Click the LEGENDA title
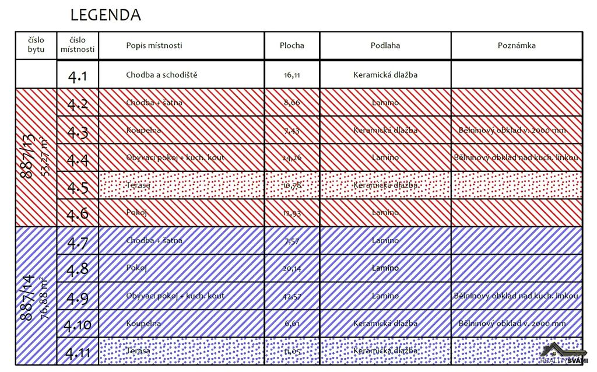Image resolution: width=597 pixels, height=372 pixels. [106, 15]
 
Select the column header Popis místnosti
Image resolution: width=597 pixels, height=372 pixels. [154, 45]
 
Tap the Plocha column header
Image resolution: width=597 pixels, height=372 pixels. [292, 45]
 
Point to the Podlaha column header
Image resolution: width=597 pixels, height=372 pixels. [385, 45]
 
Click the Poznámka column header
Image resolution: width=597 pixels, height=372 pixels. [517, 45]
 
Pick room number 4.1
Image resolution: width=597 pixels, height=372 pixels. [78, 76]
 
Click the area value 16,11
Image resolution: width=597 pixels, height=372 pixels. [292, 75]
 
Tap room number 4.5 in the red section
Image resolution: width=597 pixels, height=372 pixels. [78, 187]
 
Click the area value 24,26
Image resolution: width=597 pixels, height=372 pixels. [292, 157]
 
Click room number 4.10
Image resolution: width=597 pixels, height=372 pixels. [78, 324]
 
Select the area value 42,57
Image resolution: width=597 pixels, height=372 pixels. [292, 296]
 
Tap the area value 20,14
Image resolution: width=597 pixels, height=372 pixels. [292, 269]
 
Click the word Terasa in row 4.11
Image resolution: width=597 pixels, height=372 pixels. [138, 351]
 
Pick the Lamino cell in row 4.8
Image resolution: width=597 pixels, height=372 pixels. [385, 268]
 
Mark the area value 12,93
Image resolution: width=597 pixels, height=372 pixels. [292, 213]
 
